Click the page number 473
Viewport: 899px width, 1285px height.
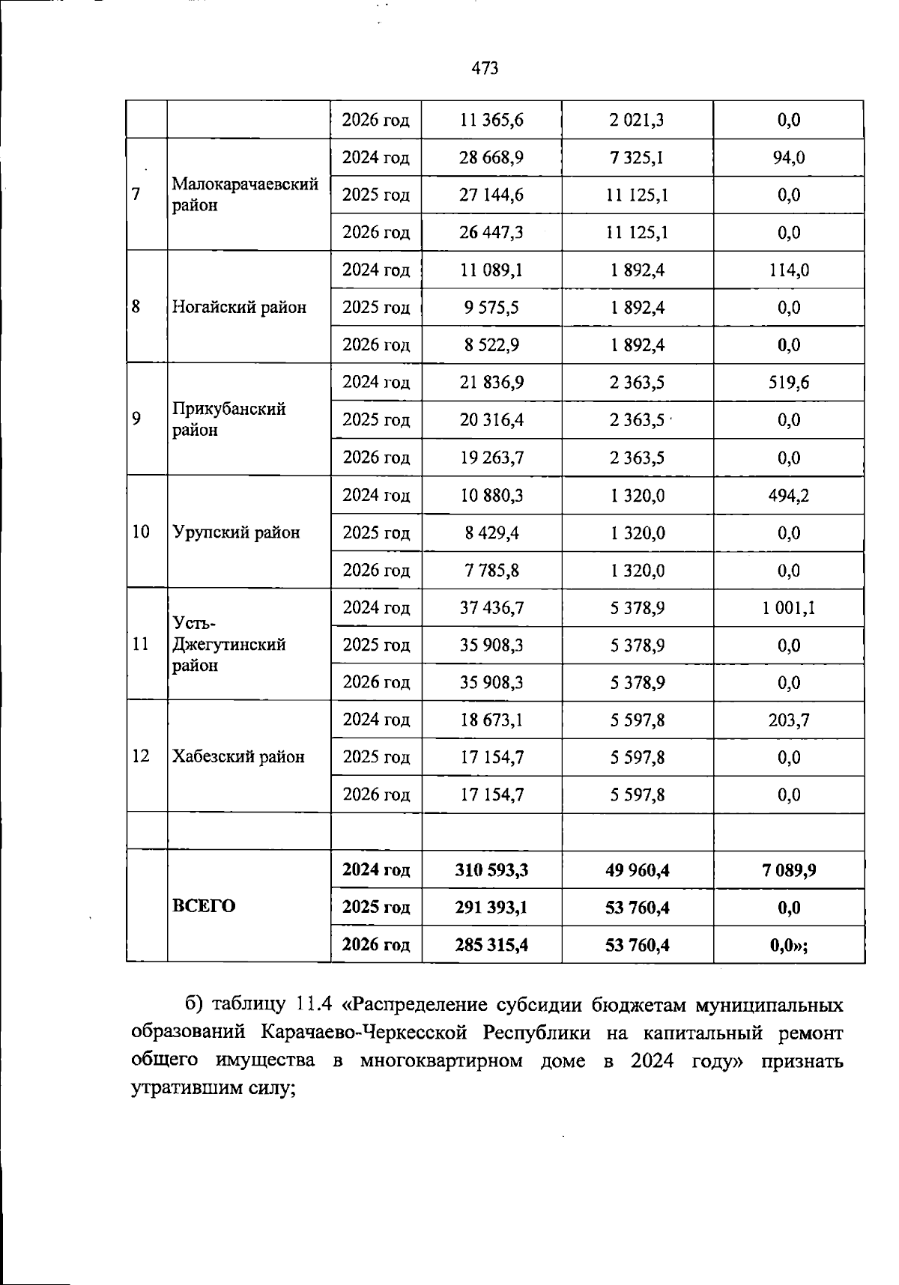pos(485,69)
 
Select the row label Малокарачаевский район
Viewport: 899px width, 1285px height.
pos(245,195)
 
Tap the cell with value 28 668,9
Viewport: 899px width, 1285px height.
pos(491,158)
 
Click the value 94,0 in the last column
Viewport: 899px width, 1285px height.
pos(789,158)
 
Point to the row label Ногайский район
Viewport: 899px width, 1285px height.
pos(239,308)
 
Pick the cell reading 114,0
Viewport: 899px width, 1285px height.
pos(789,270)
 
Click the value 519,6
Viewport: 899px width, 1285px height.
pos(789,383)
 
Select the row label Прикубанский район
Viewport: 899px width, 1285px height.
pos(228,419)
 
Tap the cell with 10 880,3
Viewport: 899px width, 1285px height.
pos(491,496)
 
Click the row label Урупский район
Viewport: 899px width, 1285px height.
pos(236,533)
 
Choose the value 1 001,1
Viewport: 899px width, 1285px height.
pos(789,608)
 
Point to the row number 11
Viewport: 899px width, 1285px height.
pos(140,645)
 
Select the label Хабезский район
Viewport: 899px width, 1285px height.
pos(238,757)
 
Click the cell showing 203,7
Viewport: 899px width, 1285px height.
pos(789,720)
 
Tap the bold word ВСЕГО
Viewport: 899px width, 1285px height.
pos(204,907)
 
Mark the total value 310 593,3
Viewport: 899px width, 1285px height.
pos(491,870)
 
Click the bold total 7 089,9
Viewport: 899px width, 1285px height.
pos(789,870)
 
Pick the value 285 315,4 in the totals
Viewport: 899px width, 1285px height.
pos(491,945)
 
